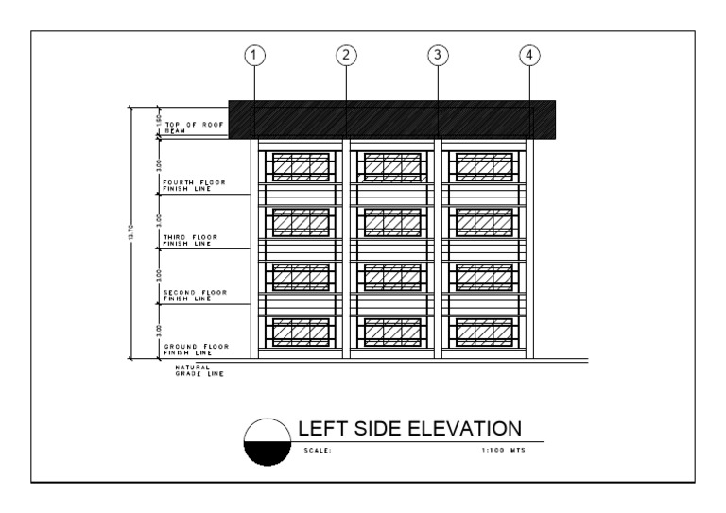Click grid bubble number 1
click(253, 55)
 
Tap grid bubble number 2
click(347, 55)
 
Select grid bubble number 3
click(437, 55)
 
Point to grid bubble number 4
click(530, 55)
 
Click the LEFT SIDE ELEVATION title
click(409, 427)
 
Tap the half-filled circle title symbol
click(264, 442)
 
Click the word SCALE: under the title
click(318, 451)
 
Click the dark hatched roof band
click(390, 119)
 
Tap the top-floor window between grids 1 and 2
click(301, 166)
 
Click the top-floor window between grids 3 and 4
click(486, 166)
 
